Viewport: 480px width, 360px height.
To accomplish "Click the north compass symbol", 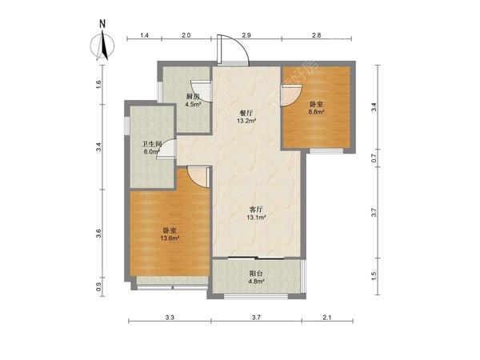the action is (102, 46).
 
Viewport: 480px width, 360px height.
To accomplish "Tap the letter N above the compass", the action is (102, 24).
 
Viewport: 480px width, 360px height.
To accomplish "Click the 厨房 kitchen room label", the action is (193, 97).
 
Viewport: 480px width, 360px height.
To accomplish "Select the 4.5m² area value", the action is (193, 104).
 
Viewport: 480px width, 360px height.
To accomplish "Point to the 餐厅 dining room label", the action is (246, 113).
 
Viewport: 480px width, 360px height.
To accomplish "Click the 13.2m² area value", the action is (246, 121).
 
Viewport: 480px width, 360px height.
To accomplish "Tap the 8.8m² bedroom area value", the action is (316, 112).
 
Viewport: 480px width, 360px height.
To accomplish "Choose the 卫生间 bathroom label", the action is (152, 144).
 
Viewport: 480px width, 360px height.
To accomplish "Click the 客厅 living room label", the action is (256, 210).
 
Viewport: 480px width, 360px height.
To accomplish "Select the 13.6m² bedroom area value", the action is (170, 238).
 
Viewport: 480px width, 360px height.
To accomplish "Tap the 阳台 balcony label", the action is (256, 273).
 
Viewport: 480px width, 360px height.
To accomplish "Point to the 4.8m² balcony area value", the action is (256, 281).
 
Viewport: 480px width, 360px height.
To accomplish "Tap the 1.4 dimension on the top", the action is (145, 35).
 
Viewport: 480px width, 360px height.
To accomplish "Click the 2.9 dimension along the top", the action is (246, 35).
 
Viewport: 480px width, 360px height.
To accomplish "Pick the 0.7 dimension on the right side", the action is (374, 158).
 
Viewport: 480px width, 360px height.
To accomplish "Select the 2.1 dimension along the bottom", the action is (327, 318).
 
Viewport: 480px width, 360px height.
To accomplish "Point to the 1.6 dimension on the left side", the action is (98, 84).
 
